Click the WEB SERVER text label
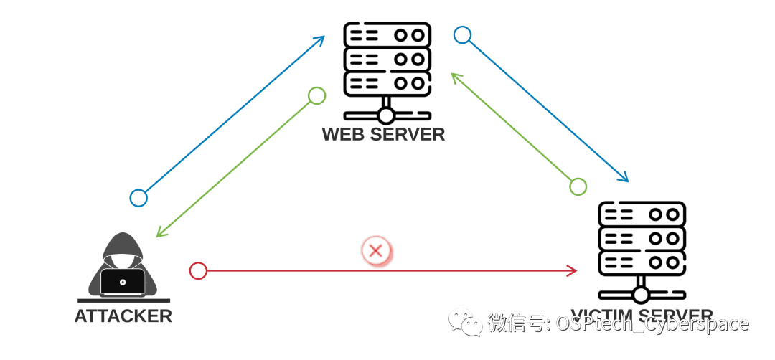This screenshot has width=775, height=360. click(383, 134)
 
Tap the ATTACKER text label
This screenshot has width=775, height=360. click(123, 316)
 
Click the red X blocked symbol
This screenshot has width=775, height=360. click(375, 251)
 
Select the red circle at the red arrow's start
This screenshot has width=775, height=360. click(198, 270)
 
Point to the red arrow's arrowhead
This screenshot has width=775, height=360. click(572, 270)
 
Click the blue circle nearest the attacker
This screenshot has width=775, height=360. click(138, 198)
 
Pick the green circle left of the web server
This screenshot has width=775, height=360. click(316, 95)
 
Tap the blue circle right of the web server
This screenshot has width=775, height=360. click(462, 34)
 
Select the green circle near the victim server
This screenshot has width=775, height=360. click(578, 186)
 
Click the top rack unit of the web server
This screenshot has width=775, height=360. click(387, 34)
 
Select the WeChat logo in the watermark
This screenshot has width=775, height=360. click(466, 323)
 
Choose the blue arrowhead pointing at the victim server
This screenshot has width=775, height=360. click(625, 177)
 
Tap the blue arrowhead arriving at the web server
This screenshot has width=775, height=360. click(321, 39)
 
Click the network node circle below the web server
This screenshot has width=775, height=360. click(387, 115)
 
